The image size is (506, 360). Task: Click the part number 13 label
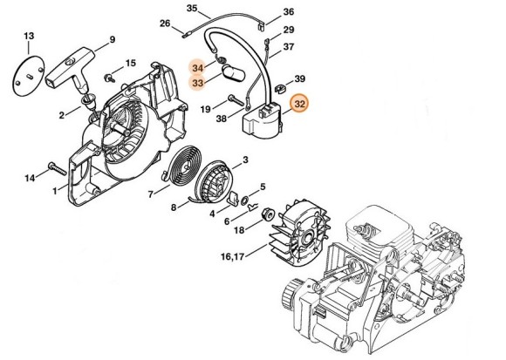click(x=29, y=35)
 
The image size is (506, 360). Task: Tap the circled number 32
click(x=300, y=105)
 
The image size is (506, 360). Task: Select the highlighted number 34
click(x=199, y=67)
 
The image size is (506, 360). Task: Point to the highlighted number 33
click(x=199, y=83)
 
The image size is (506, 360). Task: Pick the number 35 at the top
click(x=192, y=8)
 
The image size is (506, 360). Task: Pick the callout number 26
click(x=165, y=24)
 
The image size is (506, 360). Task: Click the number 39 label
click(x=298, y=78)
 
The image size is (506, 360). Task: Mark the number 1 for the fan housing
click(x=54, y=190)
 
